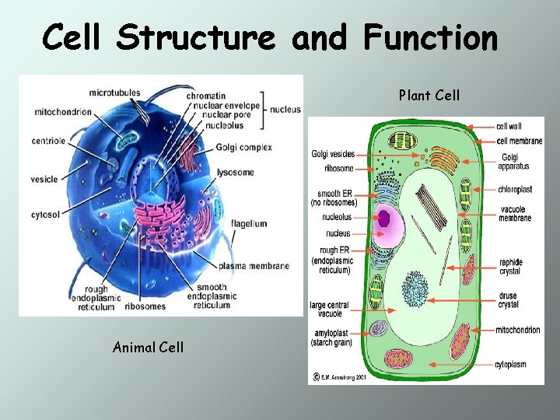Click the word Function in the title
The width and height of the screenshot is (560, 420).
[429, 37]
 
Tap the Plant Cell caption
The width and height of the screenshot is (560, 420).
[429, 96]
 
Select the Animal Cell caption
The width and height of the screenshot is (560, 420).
[148, 347]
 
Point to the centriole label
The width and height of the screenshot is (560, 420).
[48, 141]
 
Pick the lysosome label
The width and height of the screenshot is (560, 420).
[236, 172]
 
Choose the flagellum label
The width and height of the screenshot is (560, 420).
[249, 223]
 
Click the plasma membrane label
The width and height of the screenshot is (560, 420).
[254, 265]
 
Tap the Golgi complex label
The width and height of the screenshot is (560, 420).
[243, 148]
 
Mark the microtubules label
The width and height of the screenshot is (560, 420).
[114, 93]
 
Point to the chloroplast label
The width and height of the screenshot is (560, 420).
[515, 189]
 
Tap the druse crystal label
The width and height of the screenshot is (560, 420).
[509, 300]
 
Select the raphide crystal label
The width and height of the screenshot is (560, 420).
[511, 267]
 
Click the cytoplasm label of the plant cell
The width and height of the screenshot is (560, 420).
[511, 364]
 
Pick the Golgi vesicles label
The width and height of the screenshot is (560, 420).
[333, 154]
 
